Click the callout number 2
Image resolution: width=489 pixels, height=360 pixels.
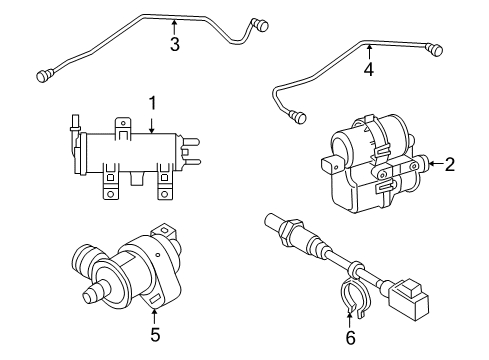(449, 165)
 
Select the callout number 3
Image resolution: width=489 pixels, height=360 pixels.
(174, 43)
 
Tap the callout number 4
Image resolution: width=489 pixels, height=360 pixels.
(368, 70)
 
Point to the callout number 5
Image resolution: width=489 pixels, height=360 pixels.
(155, 335)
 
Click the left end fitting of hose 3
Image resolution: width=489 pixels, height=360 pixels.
(45, 74)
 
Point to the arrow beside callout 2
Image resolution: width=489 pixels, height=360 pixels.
(430, 164)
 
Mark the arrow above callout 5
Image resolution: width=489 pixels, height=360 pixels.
(154, 312)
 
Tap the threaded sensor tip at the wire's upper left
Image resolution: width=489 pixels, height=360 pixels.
(273, 221)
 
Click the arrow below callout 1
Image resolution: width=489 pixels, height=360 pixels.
(152, 125)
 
